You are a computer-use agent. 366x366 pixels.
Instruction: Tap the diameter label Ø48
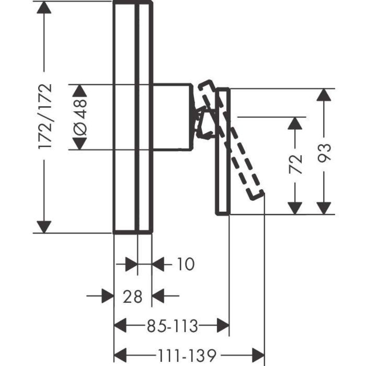(79, 117)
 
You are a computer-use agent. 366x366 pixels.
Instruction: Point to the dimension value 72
(296, 164)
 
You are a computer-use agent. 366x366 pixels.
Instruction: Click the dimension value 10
(184, 265)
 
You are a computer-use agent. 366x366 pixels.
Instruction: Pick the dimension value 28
(133, 296)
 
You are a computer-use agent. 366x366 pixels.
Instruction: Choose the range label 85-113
(172, 327)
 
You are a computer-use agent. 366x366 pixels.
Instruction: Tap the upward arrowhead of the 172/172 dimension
(44, 8)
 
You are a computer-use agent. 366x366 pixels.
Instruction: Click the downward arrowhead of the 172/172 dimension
(44, 226)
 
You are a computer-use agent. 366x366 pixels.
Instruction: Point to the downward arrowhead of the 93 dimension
(326, 208)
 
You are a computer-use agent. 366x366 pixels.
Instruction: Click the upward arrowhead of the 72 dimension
(296, 123)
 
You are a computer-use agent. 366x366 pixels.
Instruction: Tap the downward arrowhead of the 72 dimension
(296, 208)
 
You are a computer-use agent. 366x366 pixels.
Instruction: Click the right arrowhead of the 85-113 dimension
(222, 327)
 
